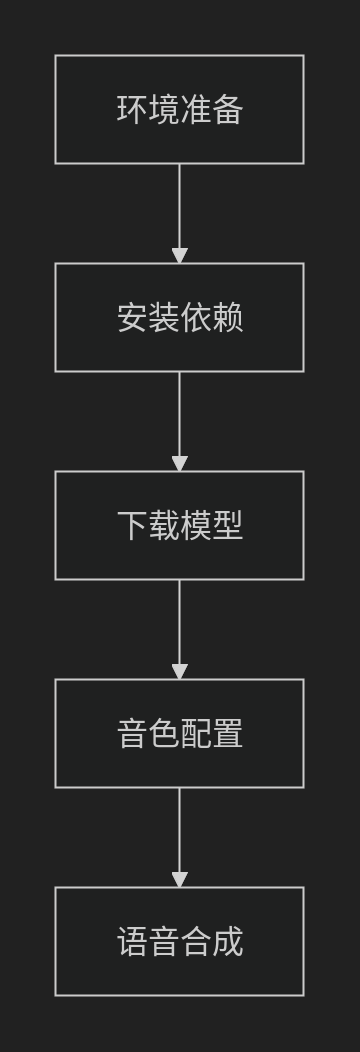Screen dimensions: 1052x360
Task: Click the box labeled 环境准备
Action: coord(179,109)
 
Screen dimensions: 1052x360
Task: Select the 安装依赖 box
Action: coord(179,317)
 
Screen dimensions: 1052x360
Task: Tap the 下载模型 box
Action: coord(179,525)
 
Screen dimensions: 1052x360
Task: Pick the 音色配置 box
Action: coord(179,733)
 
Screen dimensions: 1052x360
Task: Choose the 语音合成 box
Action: coord(179,941)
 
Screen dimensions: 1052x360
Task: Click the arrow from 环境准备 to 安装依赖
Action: coord(180,205)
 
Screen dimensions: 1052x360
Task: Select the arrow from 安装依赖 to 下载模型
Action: coord(180,413)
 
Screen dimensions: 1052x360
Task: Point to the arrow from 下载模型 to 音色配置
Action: coord(180,621)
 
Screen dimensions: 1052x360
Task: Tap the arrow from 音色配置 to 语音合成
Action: coord(180,829)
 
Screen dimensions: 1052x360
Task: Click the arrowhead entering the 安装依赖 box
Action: coord(180,256)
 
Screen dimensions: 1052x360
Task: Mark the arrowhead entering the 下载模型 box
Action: coord(180,464)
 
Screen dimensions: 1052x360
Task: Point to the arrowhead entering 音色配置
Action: coord(180,672)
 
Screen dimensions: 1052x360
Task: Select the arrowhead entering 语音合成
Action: coord(180,880)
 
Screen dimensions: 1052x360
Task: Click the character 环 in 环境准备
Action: coord(132,110)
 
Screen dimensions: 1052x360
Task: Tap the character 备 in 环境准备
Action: coord(228,110)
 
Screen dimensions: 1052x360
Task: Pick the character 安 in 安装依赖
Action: coord(132,318)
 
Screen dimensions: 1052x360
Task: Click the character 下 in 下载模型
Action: coord(132,526)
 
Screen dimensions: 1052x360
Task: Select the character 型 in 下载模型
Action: coord(228,526)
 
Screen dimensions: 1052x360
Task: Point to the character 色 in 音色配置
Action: coord(164,734)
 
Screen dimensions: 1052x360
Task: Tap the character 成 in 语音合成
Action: coord(228,942)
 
